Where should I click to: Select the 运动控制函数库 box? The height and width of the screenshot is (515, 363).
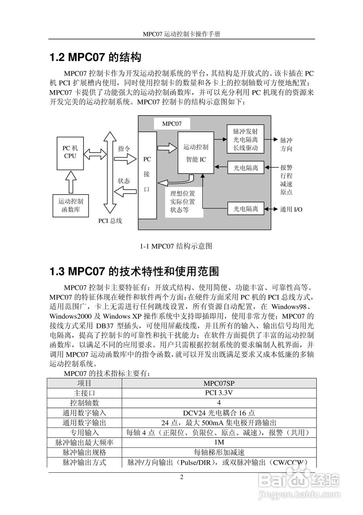pyautogui.click(x=71, y=205)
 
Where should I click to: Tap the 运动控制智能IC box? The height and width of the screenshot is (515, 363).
pyautogui.click(x=196, y=153)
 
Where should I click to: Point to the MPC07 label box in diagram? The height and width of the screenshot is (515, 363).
pyautogui.click(x=172, y=124)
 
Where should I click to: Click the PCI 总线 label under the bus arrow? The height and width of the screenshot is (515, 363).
pyautogui.click(x=110, y=220)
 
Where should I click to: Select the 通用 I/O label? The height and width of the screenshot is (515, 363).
pyautogui.click(x=292, y=209)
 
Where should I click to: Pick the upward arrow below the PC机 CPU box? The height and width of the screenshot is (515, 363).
pyautogui.click(x=71, y=180)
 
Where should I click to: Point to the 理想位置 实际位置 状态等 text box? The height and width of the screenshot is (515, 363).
pyautogui.click(x=183, y=202)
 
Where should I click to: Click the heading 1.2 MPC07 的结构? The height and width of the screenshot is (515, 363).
pyautogui.click(x=95, y=58)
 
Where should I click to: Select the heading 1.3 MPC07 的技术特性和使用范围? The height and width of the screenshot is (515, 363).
pyautogui.click(x=134, y=272)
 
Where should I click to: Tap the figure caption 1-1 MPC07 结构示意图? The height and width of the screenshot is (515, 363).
pyautogui.click(x=176, y=246)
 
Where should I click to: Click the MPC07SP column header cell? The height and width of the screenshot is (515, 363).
pyautogui.click(x=219, y=383)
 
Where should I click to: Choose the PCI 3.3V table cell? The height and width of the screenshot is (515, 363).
pyautogui.click(x=219, y=393)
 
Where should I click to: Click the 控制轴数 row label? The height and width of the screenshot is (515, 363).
pyautogui.click(x=84, y=403)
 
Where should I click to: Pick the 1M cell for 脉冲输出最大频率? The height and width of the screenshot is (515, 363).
pyautogui.click(x=219, y=442)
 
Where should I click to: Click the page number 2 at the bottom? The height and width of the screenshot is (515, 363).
pyautogui.click(x=181, y=478)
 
